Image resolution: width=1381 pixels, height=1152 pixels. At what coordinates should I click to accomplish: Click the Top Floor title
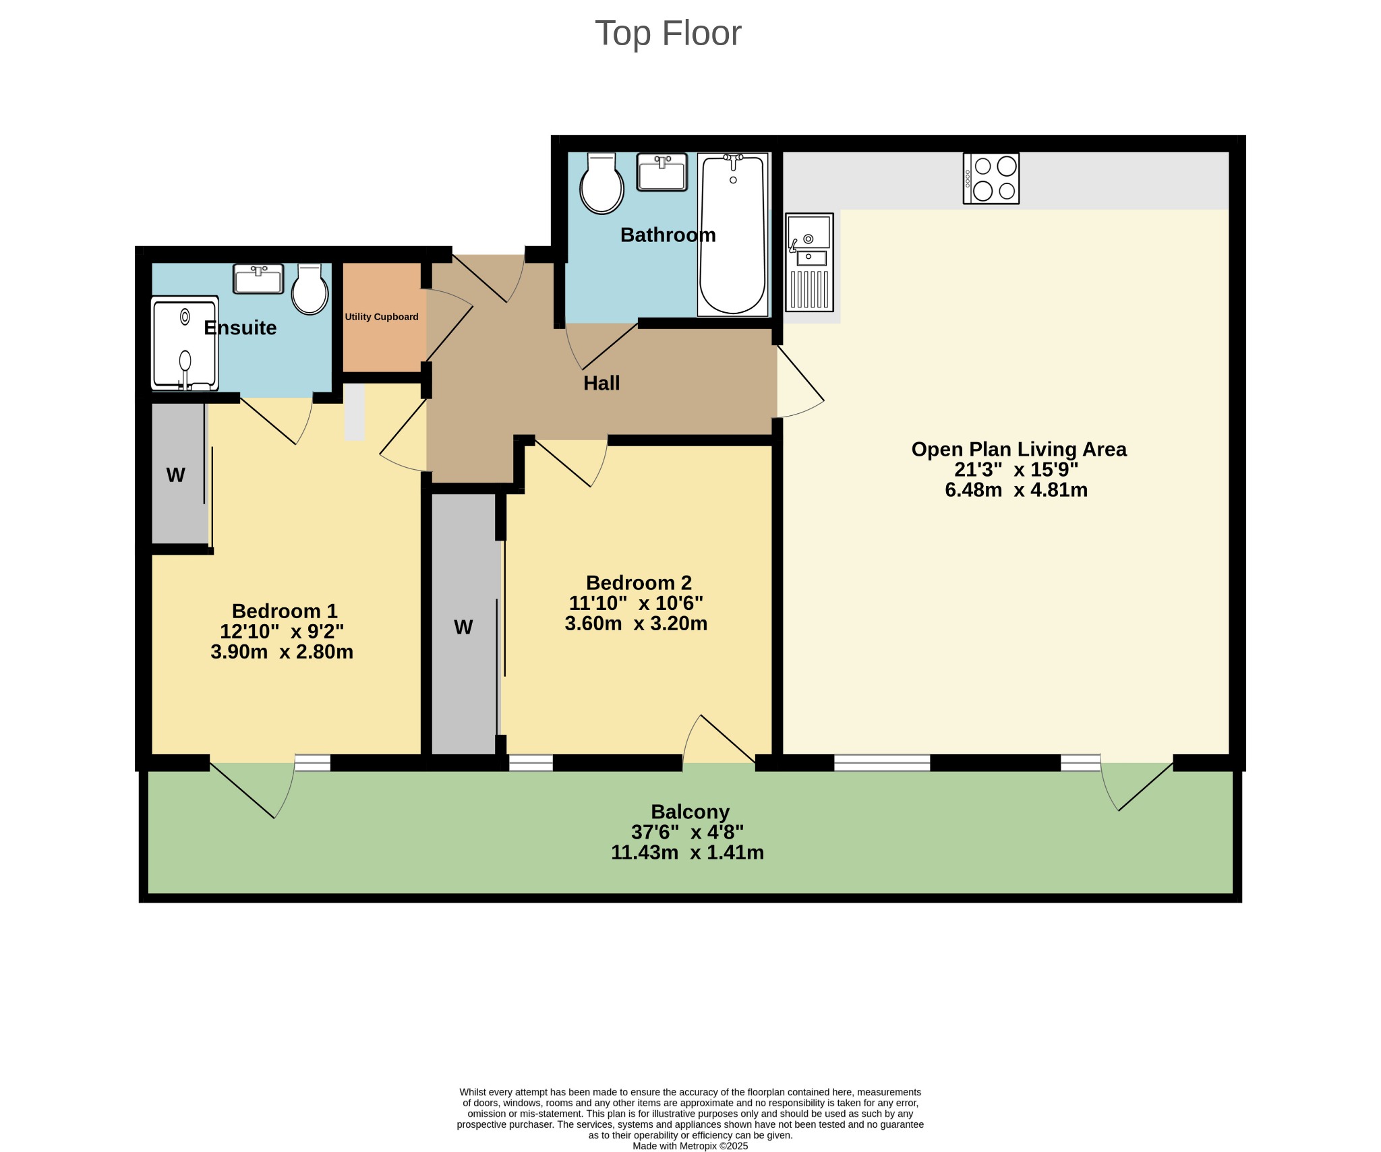point(668,33)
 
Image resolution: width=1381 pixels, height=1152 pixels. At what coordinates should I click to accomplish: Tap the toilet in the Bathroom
point(601,183)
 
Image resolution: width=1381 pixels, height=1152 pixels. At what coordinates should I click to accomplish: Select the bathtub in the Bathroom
point(733,235)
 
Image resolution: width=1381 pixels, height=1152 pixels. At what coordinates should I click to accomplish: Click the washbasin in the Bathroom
point(662,172)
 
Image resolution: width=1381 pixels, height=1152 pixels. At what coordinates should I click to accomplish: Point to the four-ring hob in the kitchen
point(991,179)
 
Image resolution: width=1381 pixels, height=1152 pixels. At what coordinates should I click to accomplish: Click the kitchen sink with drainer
point(809,262)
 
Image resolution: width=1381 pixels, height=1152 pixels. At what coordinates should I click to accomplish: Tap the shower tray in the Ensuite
point(185,343)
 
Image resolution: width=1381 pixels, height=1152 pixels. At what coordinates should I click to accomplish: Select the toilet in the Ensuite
point(310,289)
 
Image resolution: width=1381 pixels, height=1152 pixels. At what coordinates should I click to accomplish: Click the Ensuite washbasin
point(258,278)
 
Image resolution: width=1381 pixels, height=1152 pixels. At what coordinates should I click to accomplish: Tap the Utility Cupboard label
point(382,317)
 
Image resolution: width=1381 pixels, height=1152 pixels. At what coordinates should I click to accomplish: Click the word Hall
point(601,383)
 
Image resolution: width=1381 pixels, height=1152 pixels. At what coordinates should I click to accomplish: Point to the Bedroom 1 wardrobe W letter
point(176,475)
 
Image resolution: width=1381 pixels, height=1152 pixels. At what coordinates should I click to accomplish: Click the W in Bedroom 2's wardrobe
point(463,628)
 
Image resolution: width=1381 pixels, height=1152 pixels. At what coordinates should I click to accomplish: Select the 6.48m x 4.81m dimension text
point(1016,490)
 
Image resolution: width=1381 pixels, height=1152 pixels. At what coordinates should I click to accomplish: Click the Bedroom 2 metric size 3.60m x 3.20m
point(636,624)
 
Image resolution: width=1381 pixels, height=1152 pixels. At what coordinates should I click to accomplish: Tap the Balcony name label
point(690,812)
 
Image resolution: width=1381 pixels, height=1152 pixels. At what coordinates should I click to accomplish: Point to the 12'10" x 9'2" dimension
point(282,632)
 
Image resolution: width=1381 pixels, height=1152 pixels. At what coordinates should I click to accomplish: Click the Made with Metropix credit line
point(690,1146)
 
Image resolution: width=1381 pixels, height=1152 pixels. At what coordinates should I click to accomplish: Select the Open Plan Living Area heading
point(1018,450)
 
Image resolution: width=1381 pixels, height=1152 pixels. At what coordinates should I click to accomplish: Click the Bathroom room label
point(668,235)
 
